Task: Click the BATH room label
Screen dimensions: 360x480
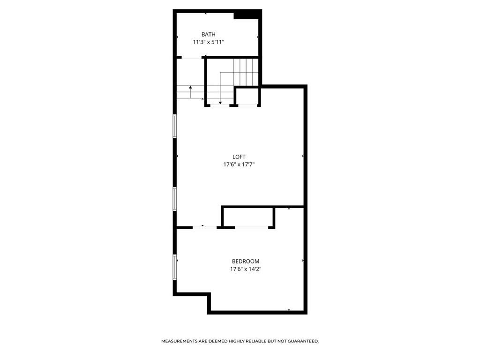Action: [209, 34]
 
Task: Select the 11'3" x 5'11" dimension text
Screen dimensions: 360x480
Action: [209, 42]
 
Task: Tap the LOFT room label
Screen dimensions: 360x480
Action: [239, 157]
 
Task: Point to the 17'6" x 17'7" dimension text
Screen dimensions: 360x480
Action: [239, 165]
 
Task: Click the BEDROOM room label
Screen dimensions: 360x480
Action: [246, 262]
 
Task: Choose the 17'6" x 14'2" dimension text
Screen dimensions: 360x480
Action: [246, 270]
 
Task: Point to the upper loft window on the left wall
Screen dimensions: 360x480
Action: [175, 126]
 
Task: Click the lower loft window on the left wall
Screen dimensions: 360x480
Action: [175, 199]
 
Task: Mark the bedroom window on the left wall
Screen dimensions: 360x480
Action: [175, 267]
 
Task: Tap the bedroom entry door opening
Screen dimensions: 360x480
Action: [205, 227]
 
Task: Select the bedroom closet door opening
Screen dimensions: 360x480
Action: [251, 227]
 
